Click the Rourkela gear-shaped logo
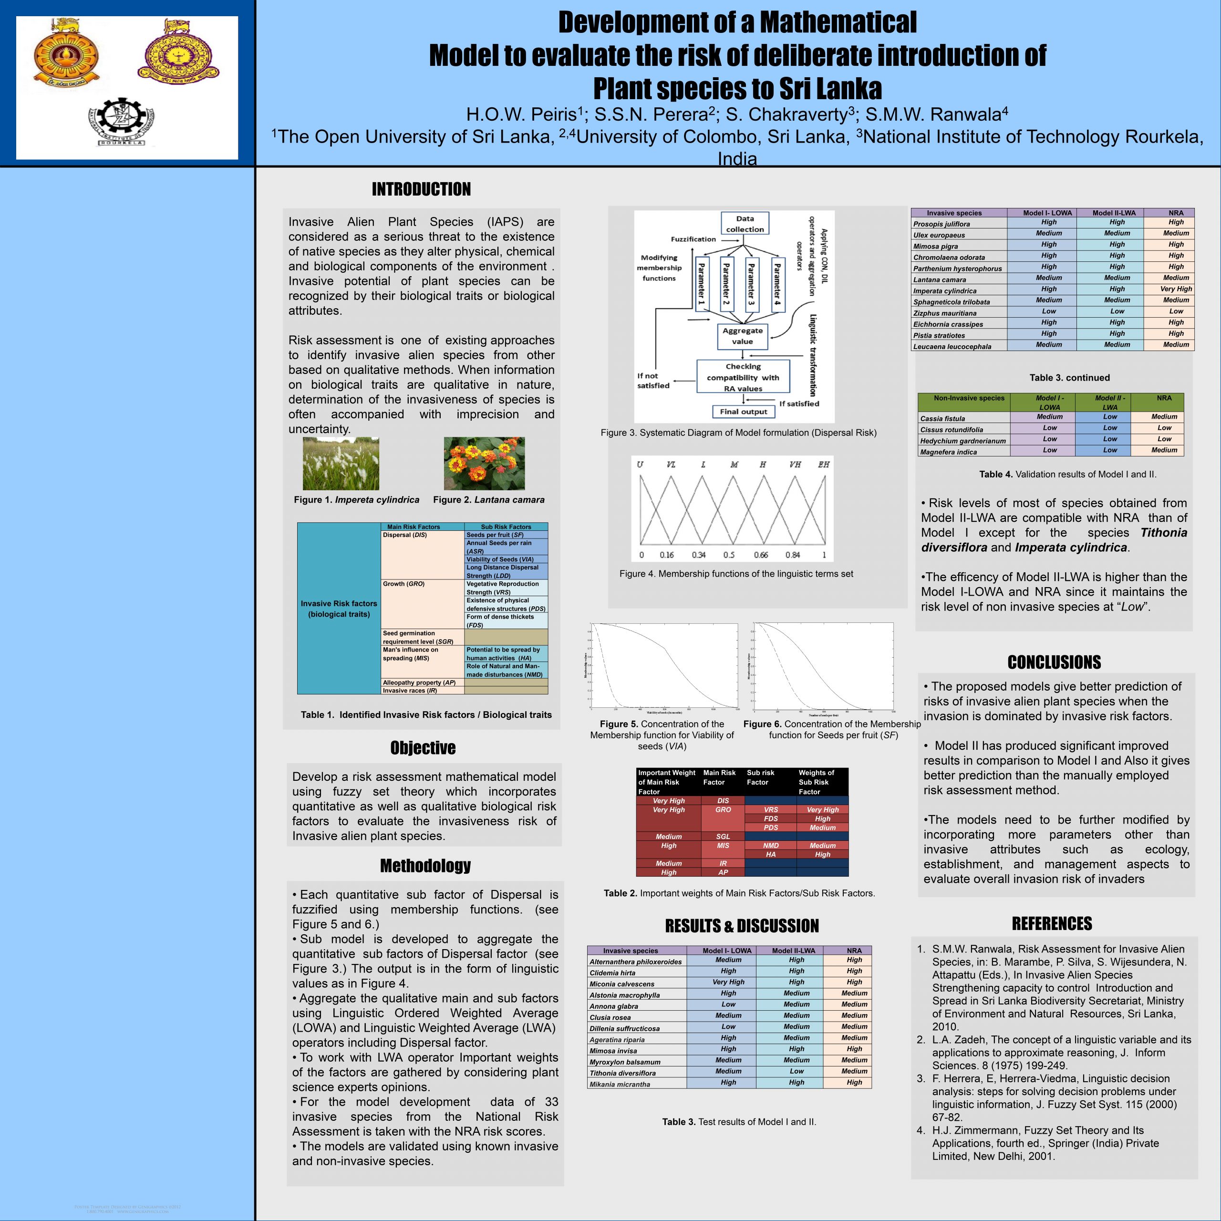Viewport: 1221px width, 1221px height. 121,123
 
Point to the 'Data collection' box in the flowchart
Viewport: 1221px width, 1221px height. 745,224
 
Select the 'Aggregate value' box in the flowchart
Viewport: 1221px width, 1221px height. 743,336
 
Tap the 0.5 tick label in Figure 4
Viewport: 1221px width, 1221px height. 729,555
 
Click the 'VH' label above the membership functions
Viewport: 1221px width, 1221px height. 795,465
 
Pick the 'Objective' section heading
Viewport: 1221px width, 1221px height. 423,748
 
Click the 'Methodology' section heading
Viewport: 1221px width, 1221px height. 425,865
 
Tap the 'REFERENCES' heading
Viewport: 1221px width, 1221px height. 1052,923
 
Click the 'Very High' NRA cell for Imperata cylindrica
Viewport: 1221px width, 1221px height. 1176,289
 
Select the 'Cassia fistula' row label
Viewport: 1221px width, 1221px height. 942,418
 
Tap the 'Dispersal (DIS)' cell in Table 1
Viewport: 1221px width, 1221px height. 405,535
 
